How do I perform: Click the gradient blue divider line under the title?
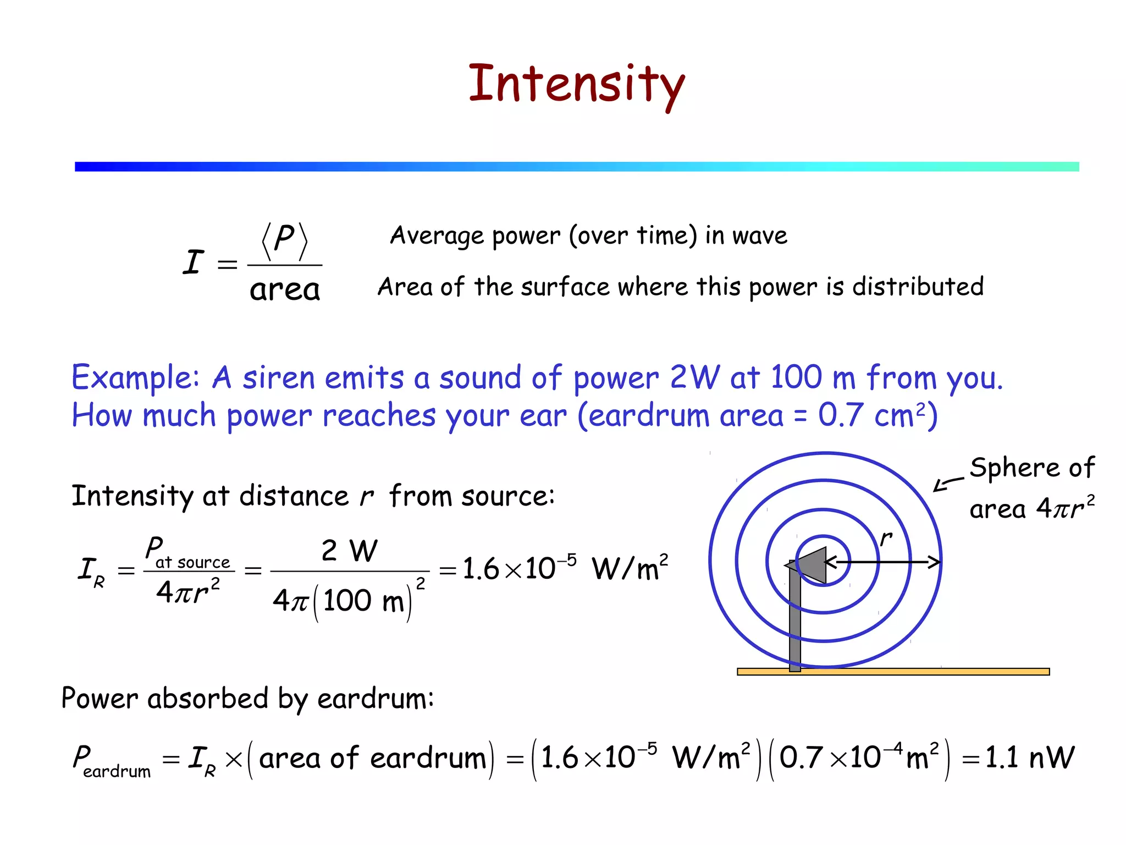point(576,167)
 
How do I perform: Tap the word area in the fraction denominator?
point(284,290)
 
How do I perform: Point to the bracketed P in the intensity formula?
point(284,240)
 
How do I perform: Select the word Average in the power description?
point(437,235)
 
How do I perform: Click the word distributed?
point(918,287)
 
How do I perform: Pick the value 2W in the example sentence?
point(694,378)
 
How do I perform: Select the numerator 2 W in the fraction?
point(349,550)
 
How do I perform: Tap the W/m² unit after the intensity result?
point(630,568)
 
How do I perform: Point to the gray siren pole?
point(794,622)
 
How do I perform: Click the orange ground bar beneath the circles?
point(893,672)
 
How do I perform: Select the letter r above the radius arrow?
point(885,537)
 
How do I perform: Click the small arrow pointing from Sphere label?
point(947,484)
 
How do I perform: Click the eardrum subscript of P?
point(117,771)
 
